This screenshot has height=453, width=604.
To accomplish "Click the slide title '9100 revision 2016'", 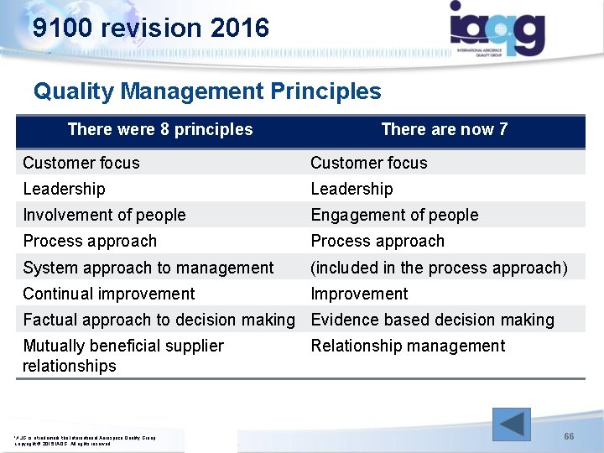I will click(151, 28).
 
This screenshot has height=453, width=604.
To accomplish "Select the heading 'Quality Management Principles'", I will click(207, 91).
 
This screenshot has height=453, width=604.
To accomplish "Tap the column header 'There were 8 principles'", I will click(159, 129).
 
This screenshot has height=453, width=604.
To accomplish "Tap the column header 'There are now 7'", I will click(444, 129).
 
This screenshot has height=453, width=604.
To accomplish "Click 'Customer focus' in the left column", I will click(81, 163).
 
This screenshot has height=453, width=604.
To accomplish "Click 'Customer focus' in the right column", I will click(369, 163).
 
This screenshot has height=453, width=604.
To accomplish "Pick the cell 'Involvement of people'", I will click(104, 215).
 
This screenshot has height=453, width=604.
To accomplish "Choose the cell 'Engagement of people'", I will click(394, 215).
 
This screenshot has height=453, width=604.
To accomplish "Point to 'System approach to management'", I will click(148, 268).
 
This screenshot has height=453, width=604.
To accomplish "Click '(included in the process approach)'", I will click(439, 268).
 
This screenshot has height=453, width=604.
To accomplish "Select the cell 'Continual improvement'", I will click(109, 294).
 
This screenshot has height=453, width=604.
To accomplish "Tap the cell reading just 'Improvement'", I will click(359, 294).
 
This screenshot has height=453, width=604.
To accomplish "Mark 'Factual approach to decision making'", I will click(159, 320).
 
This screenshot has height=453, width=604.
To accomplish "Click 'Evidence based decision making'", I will click(432, 320).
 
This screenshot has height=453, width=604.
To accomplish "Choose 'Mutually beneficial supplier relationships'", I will click(123, 356).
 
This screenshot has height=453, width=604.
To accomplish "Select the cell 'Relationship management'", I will click(408, 346).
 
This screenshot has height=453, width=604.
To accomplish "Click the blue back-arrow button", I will click(511, 424).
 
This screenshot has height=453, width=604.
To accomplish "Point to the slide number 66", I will click(569, 437).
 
